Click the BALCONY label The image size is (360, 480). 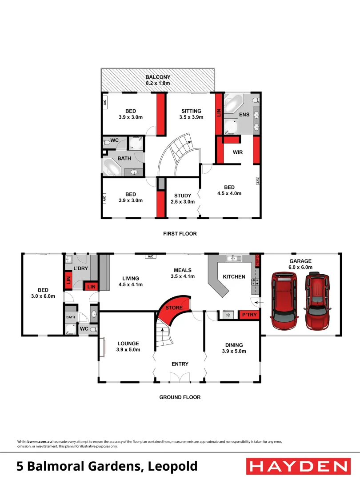point(158,77)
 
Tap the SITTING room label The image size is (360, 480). point(191,111)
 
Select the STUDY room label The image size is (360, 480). point(183,196)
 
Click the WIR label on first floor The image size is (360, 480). point(237,152)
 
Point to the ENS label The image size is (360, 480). point(244,115)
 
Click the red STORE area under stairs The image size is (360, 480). point(173,308)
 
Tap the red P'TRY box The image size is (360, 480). point(248,315)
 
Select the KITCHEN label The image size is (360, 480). point(234,277)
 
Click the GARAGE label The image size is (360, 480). point(300,261)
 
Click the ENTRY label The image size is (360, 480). point(180,364)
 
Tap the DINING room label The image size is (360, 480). point(234,345)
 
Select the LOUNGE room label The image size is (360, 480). point(128,344)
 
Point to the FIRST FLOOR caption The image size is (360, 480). point(180,234)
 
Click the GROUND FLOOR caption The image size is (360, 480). point(180,397)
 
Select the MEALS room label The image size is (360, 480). point(183,270)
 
